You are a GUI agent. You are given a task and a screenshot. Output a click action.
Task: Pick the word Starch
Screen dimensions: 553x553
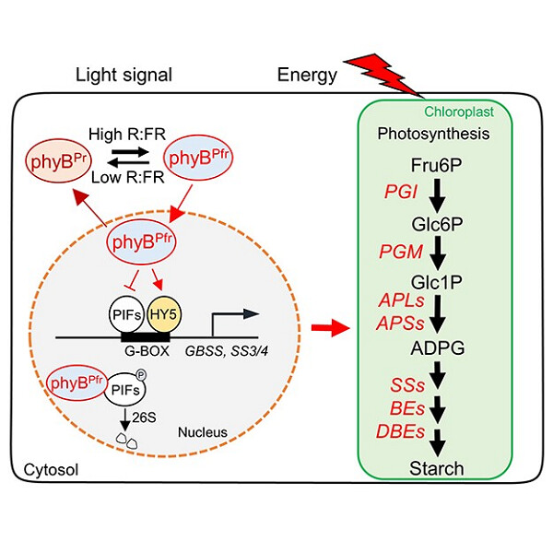tap(437, 468)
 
